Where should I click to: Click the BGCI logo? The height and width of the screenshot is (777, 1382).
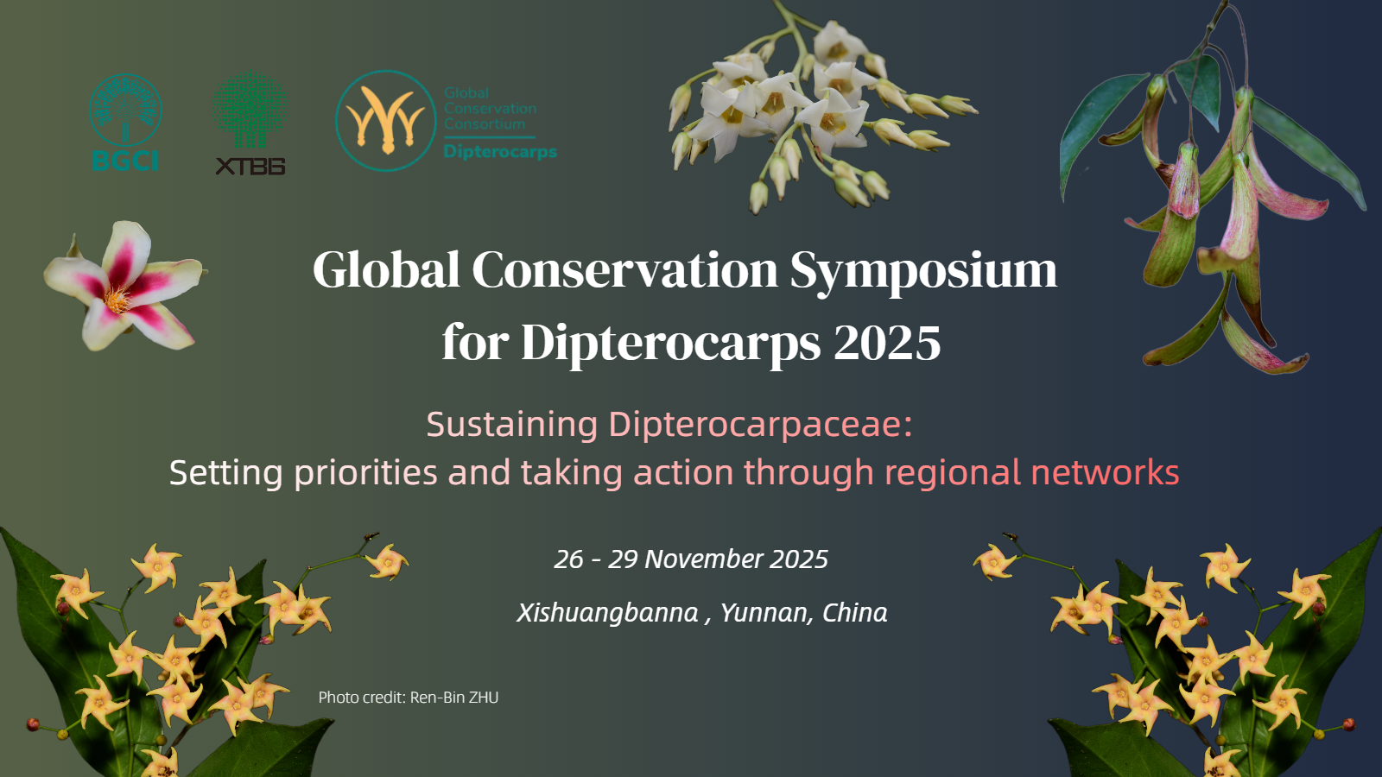pyautogui.click(x=125, y=122)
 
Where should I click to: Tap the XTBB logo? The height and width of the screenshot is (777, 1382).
pyautogui.click(x=250, y=123)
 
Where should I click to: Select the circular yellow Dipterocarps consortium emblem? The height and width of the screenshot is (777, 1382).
pyautogui.click(x=385, y=120)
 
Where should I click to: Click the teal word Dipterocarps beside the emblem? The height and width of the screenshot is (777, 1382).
pyautogui.click(x=500, y=152)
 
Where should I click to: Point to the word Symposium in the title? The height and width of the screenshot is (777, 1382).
pyautogui.click(x=923, y=272)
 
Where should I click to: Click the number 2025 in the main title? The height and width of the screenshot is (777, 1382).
pyautogui.click(x=887, y=343)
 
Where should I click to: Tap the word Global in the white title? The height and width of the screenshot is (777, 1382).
pyautogui.click(x=386, y=268)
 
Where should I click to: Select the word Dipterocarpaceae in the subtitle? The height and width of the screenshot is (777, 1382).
pyautogui.click(x=761, y=425)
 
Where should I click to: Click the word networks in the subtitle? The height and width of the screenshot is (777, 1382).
pyautogui.click(x=1105, y=472)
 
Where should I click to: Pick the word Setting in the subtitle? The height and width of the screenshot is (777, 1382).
pyautogui.click(x=225, y=474)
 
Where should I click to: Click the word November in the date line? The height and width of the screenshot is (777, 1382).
pyautogui.click(x=703, y=559)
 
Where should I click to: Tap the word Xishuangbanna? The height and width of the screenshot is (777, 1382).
pyautogui.click(x=608, y=613)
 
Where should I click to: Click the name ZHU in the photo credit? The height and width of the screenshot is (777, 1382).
pyautogui.click(x=484, y=698)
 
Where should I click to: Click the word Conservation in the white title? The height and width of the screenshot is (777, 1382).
pyautogui.click(x=625, y=269)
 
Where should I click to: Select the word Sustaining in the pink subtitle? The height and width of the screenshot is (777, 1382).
pyautogui.click(x=512, y=425)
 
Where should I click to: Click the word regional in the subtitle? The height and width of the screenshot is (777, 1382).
pyautogui.click(x=953, y=474)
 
